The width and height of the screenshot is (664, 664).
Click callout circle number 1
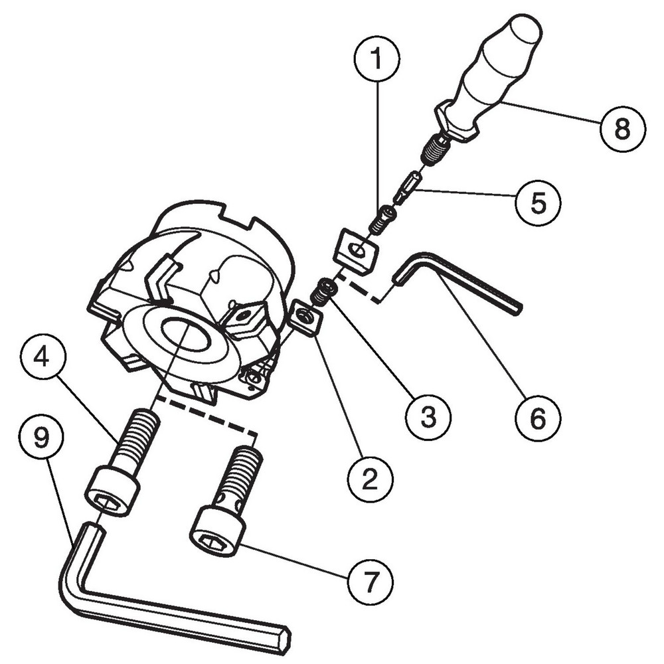[376, 59]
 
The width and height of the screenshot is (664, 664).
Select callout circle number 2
[370, 479]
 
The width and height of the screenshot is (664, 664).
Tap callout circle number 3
[428, 416]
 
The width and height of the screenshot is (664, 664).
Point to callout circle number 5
[538, 203]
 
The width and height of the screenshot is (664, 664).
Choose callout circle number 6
[538, 418]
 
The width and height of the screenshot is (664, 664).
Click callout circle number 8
[623, 128]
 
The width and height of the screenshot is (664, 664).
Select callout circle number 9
[41, 437]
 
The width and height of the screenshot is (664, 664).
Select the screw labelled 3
[324, 292]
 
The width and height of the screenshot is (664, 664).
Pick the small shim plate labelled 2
[307, 317]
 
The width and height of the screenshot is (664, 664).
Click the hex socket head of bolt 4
[113, 492]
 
